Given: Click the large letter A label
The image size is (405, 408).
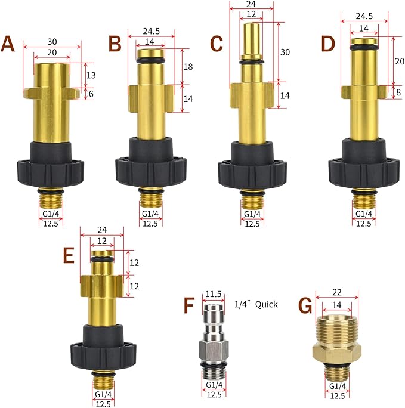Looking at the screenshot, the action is (x=8, y=44).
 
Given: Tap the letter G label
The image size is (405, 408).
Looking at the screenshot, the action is (x=305, y=305).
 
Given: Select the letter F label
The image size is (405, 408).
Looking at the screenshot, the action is (x=189, y=305).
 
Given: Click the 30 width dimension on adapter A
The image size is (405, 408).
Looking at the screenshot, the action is (x=52, y=42).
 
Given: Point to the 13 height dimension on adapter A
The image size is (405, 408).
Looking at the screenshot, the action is (x=91, y=75).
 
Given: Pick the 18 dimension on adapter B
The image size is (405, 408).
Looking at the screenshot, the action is (x=188, y=67).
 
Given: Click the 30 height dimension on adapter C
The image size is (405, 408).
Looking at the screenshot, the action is (x=285, y=52).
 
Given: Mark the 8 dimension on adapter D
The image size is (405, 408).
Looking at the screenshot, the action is (x=398, y=92).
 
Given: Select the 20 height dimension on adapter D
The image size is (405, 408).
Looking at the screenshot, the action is (x=400, y=61).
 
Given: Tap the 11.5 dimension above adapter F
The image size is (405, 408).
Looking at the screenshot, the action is (x=214, y=294).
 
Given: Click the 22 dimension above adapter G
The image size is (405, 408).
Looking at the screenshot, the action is (x=336, y=292).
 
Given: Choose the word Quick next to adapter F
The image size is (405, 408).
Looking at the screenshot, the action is (x=267, y=304).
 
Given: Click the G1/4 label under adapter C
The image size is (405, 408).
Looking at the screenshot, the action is (x=252, y=214).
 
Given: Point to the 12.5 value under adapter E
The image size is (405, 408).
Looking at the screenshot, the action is (x=103, y=404).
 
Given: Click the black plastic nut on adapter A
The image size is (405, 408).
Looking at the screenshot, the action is (x=51, y=165).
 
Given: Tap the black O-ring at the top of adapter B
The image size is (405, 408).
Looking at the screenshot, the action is (x=150, y=61).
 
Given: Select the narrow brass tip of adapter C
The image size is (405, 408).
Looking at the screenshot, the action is (x=251, y=39).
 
